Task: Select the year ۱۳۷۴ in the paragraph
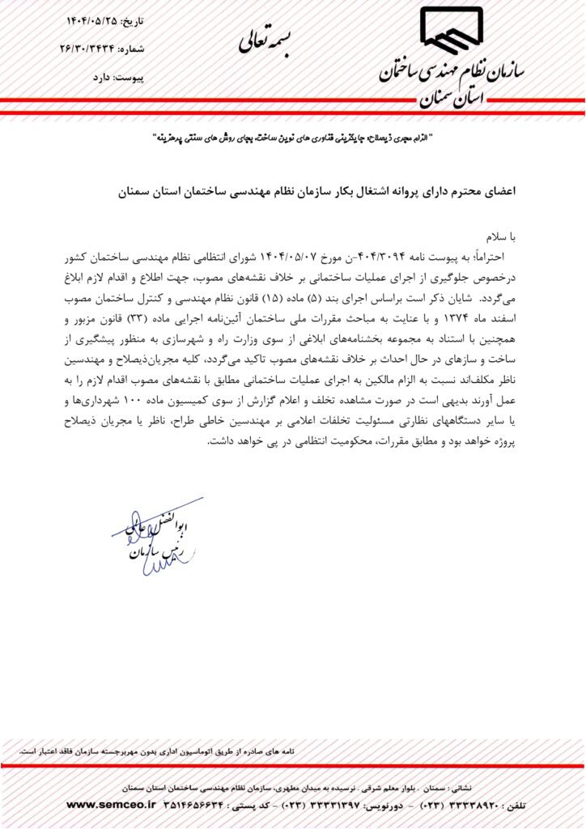479,317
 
